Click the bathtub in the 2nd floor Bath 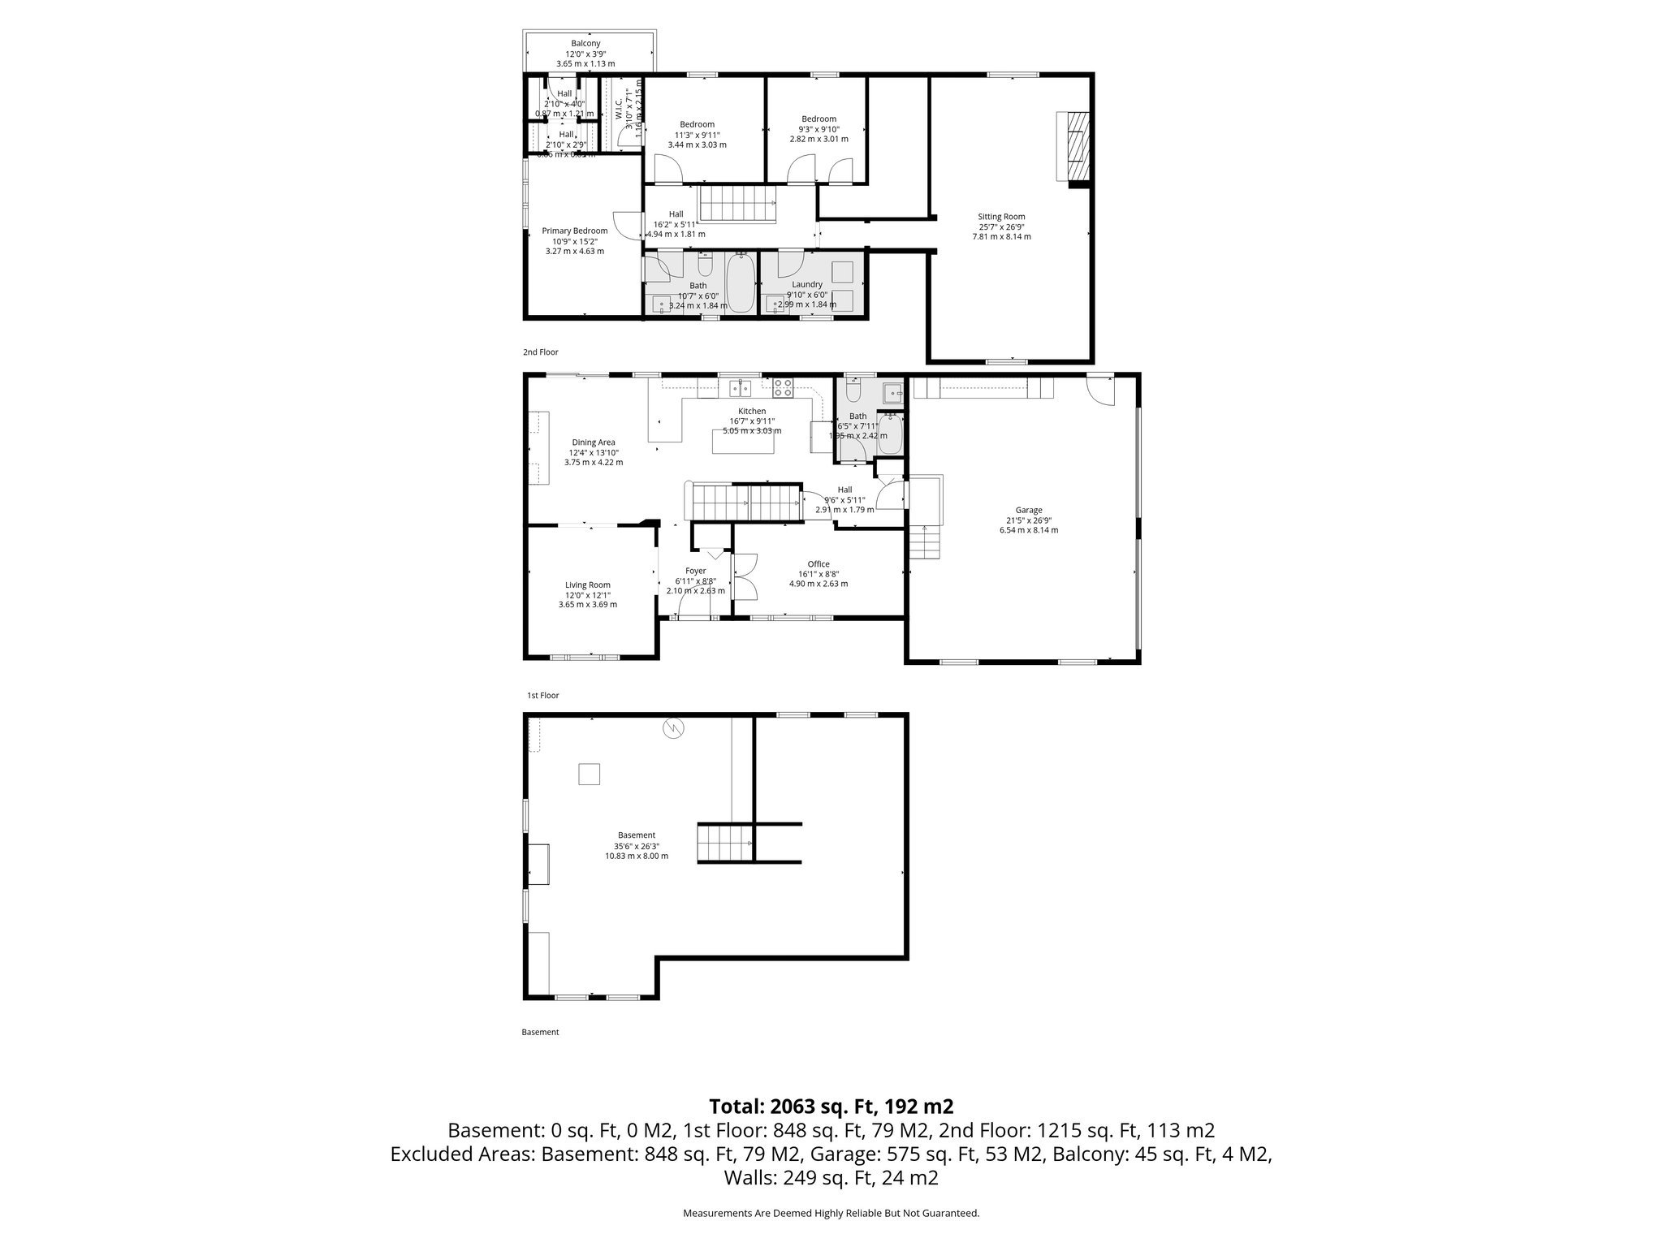(740, 283)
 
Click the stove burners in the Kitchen (783, 388)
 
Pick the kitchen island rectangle (743, 442)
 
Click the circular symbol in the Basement (673, 729)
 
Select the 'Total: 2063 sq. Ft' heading (831, 1106)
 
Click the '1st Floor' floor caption (542, 696)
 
